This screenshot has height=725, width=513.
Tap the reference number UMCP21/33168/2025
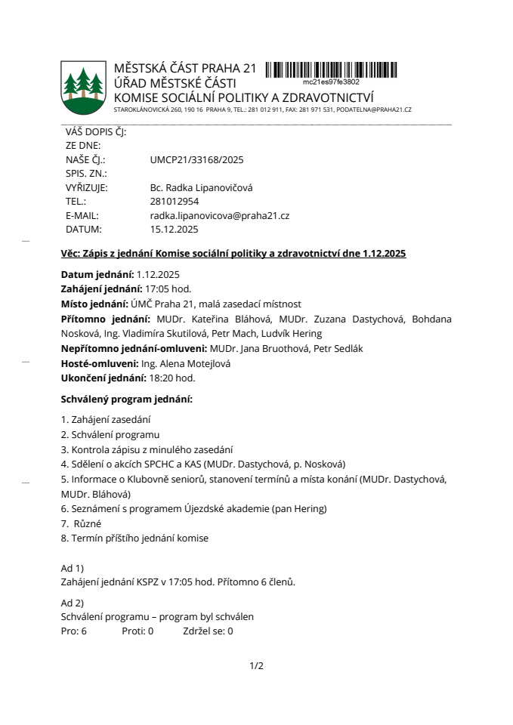pyautogui.click(x=196, y=159)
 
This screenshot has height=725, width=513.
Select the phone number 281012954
pyautogui.click(x=175, y=202)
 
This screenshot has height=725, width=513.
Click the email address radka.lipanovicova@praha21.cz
pyautogui.click(x=220, y=215)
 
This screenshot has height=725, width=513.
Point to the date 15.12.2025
pyautogui.click(x=175, y=229)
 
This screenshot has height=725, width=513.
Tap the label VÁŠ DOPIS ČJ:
pyautogui.click(x=96, y=131)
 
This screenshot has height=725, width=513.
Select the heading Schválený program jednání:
pyautogui.click(x=126, y=398)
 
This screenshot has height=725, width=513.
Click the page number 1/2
pyautogui.click(x=257, y=665)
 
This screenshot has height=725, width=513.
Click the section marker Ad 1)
pyautogui.click(x=72, y=567)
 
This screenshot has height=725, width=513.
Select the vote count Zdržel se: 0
pyautogui.click(x=208, y=631)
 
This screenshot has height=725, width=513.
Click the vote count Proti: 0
pyautogui.click(x=138, y=631)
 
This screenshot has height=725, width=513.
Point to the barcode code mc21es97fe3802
pyautogui.click(x=331, y=81)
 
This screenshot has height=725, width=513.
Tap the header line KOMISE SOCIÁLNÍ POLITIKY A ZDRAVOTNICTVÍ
pyautogui.click(x=244, y=97)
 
